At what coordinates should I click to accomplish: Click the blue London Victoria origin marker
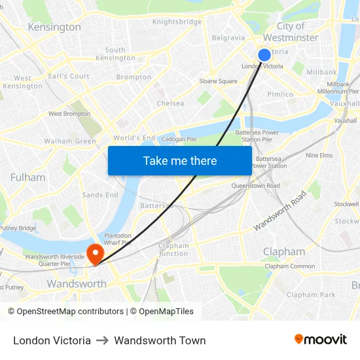(264, 55)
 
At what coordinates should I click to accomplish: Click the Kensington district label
(54, 27)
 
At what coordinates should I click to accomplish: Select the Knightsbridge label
(177, 22)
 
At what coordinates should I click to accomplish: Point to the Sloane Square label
(218, 81)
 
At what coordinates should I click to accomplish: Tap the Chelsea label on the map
(170, 103)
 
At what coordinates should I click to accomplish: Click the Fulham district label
(28, 177)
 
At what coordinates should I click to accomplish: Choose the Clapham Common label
(290, 266)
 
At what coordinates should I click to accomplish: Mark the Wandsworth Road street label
(279, 210)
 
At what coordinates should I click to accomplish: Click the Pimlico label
(280, 94)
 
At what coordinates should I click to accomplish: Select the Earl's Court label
(69, 77)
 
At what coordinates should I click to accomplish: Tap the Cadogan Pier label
(179, 139)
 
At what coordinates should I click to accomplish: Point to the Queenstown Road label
(255, 186)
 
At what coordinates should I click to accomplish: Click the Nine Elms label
(319, 156)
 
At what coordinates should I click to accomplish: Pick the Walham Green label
(70, 141)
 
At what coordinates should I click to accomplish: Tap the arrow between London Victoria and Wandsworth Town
(102, 340)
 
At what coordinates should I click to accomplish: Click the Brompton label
(134, 77)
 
